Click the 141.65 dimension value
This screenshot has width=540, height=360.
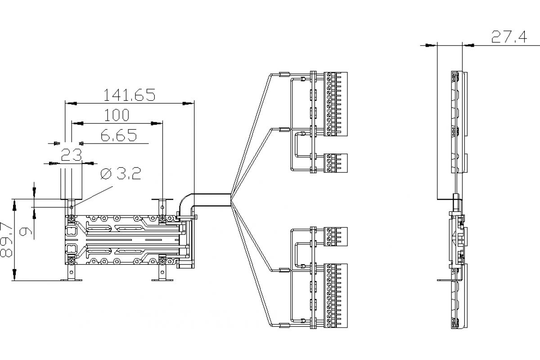[129, 95]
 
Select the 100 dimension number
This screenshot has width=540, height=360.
[117, 115]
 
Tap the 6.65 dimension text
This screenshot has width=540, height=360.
[119, 135]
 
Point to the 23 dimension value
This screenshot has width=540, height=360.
[72, 155]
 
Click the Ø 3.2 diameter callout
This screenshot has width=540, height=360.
[121, 173]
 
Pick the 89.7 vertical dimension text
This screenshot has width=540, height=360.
[6, 239]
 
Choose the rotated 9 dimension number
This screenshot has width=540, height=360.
[26, 232]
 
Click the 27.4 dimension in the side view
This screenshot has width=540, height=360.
[509, 37]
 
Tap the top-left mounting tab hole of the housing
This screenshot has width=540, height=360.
[72, 207]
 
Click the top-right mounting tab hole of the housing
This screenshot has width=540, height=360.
[162, 207]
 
